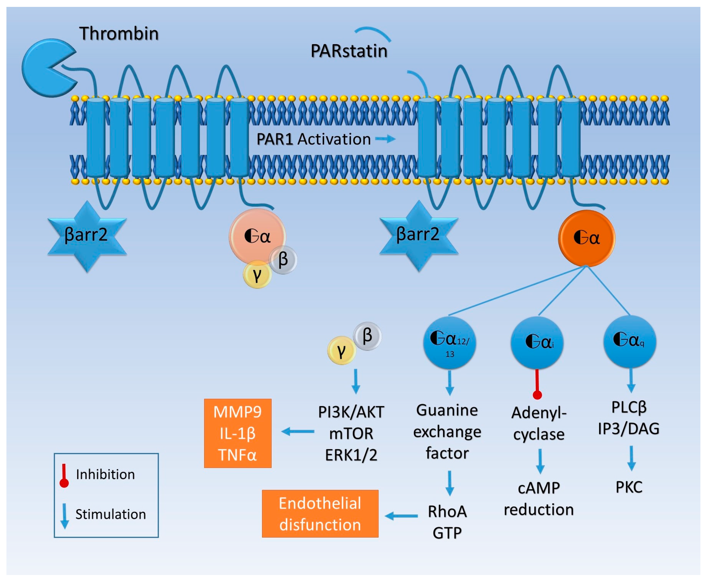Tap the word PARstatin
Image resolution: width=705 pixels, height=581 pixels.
tap(349, 51)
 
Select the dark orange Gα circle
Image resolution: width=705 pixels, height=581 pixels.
tap(586, 238)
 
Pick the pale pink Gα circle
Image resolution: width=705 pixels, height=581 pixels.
tap(257, 237)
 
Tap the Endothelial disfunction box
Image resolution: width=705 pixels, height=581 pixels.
tap(320, 514)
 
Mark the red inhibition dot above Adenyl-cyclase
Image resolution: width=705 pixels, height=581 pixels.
tap(537, 395)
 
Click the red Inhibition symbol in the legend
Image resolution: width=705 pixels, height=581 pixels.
tap(64, 475)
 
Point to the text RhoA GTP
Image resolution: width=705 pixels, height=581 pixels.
tap(447, 522)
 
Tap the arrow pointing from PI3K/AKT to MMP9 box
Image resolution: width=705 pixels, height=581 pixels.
tap(298, 431)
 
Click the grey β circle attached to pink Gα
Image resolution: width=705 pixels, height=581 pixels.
tap(283, 260)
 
